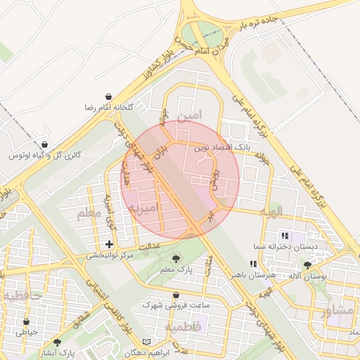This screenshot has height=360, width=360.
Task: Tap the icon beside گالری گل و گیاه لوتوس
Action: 46,145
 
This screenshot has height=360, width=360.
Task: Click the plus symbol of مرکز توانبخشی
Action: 108,244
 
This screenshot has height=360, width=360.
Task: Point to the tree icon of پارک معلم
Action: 175,259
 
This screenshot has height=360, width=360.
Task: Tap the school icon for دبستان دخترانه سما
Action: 285,236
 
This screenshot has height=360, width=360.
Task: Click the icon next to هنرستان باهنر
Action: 253,264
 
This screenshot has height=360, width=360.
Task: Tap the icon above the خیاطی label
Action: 27,321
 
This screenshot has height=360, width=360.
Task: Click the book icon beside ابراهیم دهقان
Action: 146,342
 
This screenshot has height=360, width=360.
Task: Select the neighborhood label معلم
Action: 89,212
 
